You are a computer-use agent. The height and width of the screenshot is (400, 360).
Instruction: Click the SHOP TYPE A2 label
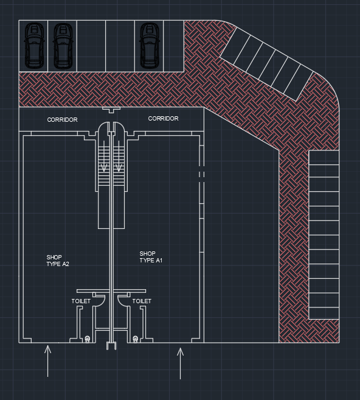(58, 261)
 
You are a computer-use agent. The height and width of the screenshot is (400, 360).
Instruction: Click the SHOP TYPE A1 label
(151, 257)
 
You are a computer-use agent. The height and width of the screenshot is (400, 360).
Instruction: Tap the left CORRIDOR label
(63, 120)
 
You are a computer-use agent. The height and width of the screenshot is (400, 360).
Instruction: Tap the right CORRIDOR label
(164, 118)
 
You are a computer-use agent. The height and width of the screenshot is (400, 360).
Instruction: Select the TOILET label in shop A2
(81, 301)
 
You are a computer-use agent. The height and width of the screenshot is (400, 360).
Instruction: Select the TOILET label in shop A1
(142, 301)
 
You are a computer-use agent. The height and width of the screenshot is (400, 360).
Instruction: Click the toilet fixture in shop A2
(88, 339)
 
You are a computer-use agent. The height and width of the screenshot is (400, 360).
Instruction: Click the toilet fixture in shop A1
(135, 339)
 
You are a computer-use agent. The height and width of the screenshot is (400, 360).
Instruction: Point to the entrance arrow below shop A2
(47, 361)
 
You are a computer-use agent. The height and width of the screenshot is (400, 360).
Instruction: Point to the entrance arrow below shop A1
(180, 363)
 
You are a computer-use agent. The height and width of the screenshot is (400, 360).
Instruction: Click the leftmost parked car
(34, 46)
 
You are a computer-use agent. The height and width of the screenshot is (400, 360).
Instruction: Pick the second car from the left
(63, 46)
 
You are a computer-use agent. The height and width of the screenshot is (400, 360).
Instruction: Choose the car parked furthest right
(150, 46)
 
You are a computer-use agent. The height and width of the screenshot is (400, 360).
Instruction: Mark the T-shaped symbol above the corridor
(111, 110)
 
